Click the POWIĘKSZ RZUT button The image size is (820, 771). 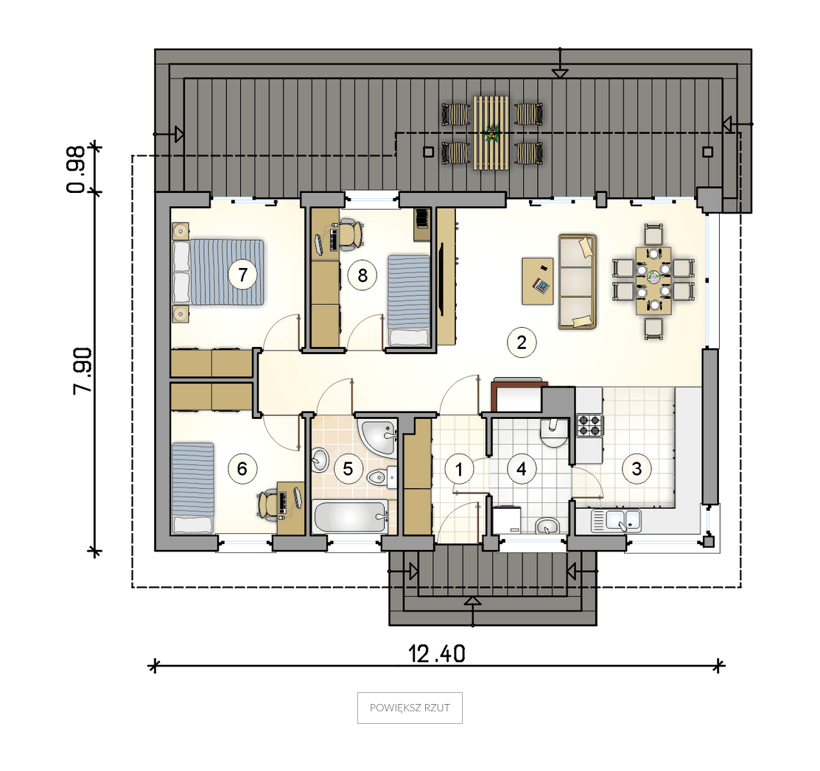410,708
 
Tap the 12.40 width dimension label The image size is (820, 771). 437,654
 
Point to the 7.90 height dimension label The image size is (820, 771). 82,370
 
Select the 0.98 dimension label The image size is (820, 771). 76,169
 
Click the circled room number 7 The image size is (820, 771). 242,275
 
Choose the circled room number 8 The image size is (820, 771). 362,275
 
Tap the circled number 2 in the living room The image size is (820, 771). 522,342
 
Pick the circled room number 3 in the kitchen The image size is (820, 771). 637,468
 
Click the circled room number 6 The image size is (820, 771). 242,468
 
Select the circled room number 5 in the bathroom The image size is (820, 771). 348,469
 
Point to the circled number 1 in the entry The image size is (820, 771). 459,469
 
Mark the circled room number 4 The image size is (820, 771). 522,469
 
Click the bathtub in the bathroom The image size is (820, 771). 351,516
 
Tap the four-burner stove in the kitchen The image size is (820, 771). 589,426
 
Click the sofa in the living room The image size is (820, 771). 578,282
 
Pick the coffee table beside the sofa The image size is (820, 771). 538,281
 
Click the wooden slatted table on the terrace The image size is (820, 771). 491,133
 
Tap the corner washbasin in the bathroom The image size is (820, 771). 377,437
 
